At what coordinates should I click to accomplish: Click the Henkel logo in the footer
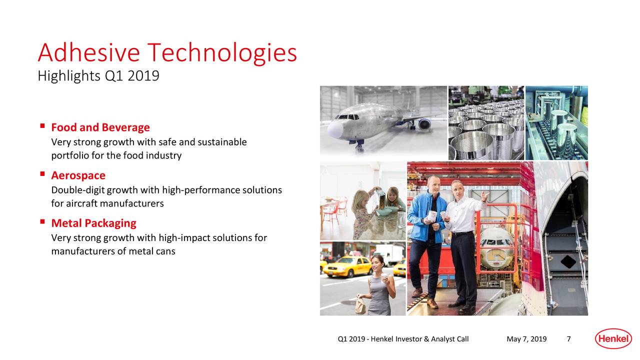611,339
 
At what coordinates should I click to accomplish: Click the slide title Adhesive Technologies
167,52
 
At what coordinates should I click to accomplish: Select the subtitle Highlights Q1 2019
98,76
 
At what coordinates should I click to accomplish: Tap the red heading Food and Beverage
100,127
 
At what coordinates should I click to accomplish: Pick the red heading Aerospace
78,175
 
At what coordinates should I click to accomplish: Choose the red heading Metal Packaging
93,222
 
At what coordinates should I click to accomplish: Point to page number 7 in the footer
568,339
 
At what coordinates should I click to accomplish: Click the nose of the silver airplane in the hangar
334,129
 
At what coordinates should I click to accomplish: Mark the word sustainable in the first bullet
222,142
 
